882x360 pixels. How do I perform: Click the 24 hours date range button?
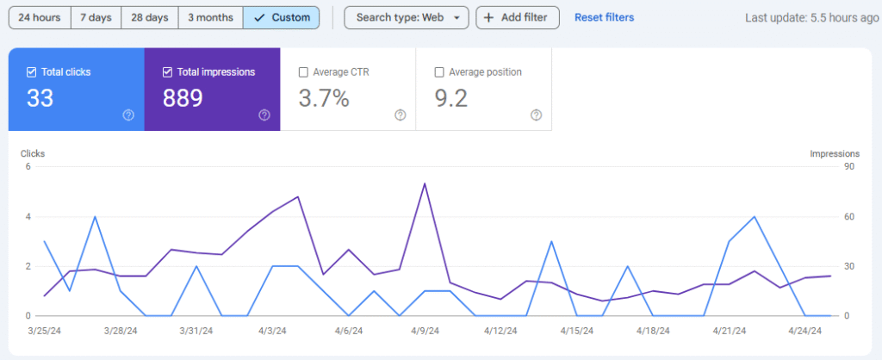tap(39, 17)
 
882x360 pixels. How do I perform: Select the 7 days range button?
tap(96, 17)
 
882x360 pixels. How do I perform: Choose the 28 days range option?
tap(150, 17)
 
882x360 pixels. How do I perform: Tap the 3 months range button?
tap(211, 17)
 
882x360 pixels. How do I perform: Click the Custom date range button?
tap(282, 17)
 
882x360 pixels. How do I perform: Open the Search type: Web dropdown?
tap(407, 17)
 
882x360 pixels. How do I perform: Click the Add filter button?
tap(517, 17)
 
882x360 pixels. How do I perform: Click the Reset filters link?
tap(604, 17)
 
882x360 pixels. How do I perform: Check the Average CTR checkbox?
tap(302, 72)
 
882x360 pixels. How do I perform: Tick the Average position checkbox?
tap(439, 72)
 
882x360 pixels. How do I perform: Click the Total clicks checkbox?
tap(32, 72)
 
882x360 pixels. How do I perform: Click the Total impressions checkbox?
tap(167, 72)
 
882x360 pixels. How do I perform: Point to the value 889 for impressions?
tap(183, 98)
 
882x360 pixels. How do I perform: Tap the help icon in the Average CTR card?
tap(400, 115)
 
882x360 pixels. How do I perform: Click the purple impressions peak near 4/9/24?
tap(425, 183)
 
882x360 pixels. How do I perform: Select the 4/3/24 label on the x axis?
tap(273, 331)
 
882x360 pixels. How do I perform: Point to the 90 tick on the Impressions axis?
tap(848, 166)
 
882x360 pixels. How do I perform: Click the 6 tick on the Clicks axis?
tap(28, 166)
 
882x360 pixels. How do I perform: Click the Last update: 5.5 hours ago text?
tap(811, 18)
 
